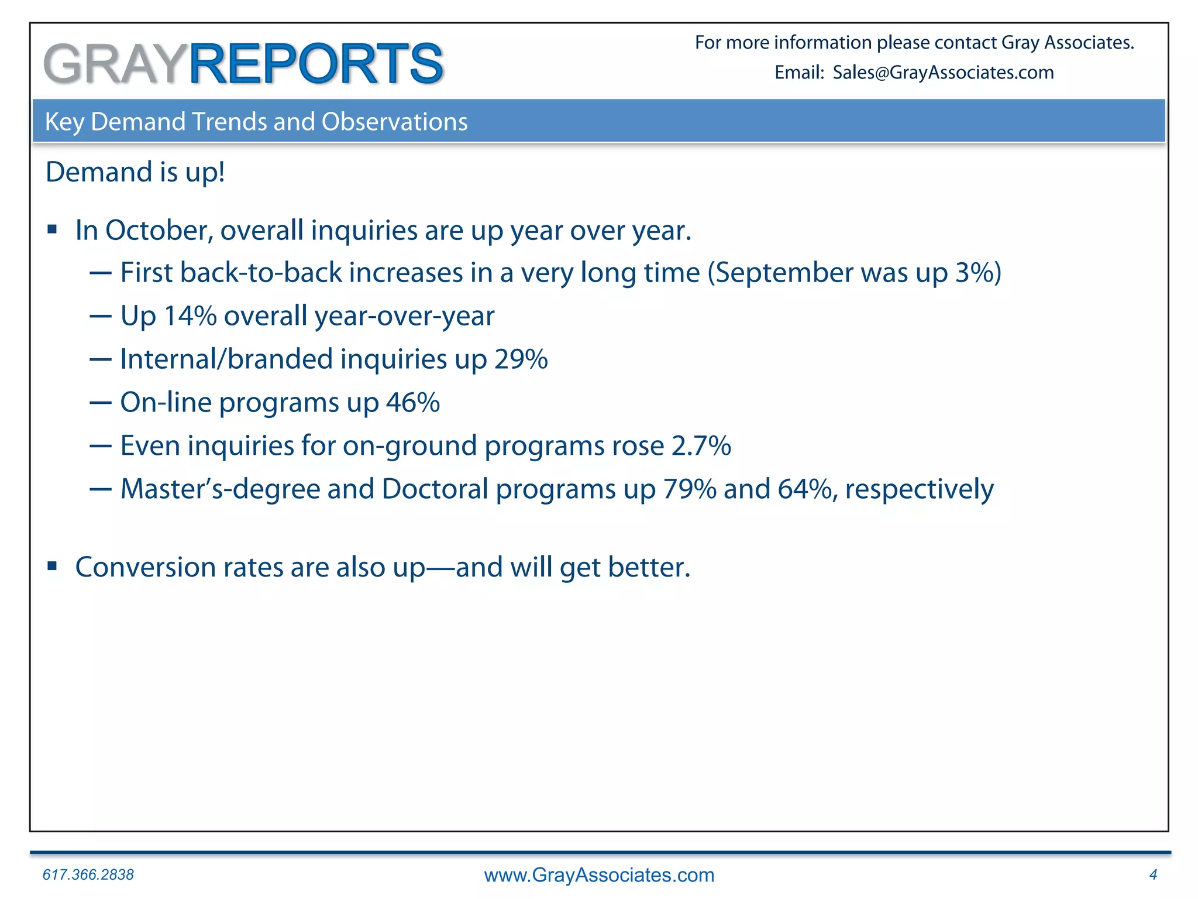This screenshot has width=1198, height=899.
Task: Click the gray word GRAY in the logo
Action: (x=115, y=64)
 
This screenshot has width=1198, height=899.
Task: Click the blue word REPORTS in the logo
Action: (x=316, y=64)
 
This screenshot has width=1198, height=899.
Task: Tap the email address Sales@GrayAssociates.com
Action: (x=943, y=73)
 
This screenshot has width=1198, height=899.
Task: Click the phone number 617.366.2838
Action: (x=88, y=874)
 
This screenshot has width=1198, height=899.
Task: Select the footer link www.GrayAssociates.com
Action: (x=599, y=875)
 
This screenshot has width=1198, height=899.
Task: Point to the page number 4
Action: (x=1153, y=874)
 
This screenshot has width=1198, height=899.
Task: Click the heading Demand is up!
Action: (x=135, y=172)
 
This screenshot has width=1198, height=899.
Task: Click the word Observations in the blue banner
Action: (x=394, y=122)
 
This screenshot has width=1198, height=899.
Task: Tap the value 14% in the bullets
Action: (x=190, y=316)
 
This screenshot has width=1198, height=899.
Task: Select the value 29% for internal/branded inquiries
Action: (x=521, y=359)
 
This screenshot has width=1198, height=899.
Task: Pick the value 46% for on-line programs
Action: (x=413, y=403)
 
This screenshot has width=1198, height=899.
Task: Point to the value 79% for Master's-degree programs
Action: (x=689, y=489)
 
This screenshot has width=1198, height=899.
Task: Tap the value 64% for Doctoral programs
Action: (x=804, y=489)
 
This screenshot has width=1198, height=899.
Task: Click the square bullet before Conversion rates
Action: (x=53, y=566)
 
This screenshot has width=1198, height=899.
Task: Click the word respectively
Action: (x=919, y=490)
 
